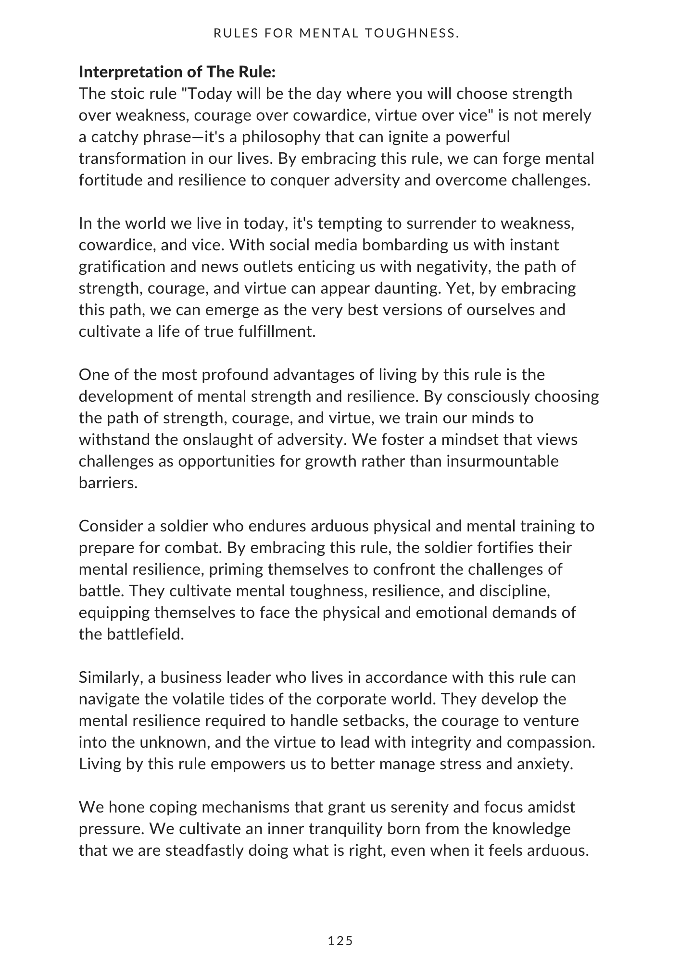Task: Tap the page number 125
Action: [x=340, y=941]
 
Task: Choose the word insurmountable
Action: [x=503, y=461]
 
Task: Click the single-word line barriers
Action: [x=108, y=483]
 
